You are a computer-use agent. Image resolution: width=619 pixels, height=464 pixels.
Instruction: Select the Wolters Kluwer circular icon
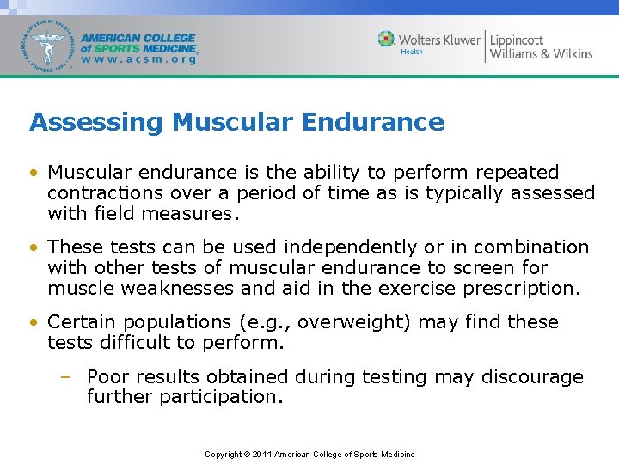[x=387, y=39]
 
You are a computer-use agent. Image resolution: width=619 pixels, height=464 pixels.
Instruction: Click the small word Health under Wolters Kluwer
[x=413, y=52]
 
